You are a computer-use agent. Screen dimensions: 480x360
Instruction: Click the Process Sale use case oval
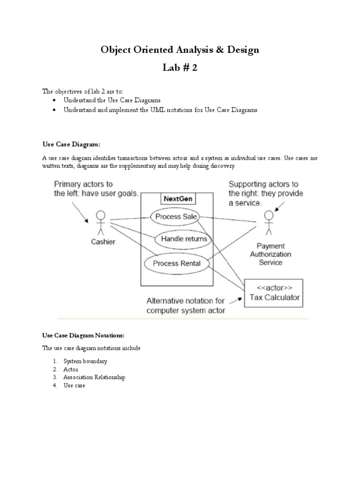[x=175, y=217]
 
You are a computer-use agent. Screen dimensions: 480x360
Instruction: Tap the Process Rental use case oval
[x=176, y=263]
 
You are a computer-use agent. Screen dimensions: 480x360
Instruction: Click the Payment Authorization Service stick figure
[x=268, y=223]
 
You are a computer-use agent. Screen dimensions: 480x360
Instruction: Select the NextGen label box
[x=178, y=199]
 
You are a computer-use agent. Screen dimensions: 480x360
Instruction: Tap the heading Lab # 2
[x=180, y=67]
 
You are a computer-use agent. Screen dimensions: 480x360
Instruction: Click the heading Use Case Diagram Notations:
[x=83, y=336]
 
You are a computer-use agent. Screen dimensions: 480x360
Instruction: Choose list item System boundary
[x=85, y=361]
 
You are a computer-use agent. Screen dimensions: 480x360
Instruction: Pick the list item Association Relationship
[x=94, y=377]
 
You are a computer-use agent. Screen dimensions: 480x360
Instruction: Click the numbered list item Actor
[x=71, y=369]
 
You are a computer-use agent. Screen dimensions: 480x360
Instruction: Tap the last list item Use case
[x=74, y=385]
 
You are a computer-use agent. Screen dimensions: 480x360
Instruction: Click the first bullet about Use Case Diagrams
[x=112, y=100]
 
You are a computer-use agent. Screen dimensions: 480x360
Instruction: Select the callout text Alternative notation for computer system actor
[x=186, y=306]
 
